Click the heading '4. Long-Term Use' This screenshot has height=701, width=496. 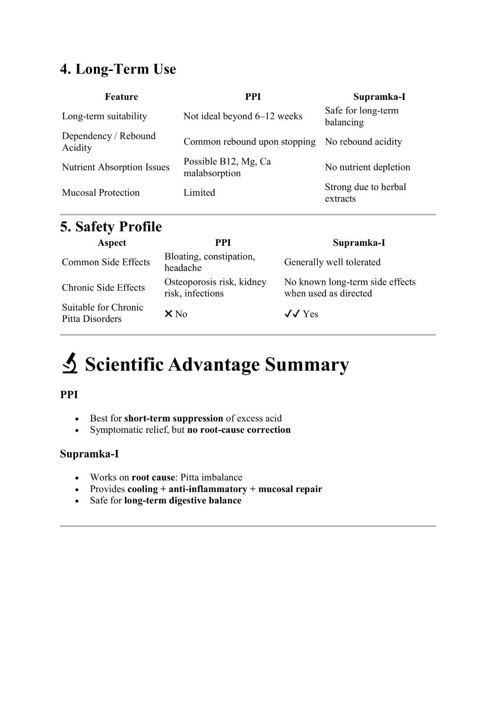pos(118,69)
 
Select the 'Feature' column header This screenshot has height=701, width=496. pos(121,97)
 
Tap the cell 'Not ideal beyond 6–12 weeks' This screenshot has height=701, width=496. pos(243,116)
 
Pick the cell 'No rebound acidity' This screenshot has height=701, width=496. pos(363,142)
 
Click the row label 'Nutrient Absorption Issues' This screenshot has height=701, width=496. pos(115,167)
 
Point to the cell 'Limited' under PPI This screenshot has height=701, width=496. pos(199,192)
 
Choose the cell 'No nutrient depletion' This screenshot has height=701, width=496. pos(367,167)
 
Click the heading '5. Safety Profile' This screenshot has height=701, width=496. pos(111,227)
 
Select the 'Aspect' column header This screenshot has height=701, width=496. pos(111,243)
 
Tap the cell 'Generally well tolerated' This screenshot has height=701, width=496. pos(332,262)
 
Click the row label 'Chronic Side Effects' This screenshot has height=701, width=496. pos(103,287)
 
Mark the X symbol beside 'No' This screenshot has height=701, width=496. pos(168,314)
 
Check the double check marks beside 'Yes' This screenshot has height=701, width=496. pos(292,314)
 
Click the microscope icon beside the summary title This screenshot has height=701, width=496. pos(70,364)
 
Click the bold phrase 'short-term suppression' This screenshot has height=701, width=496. pos(174,418)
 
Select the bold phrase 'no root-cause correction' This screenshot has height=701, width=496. pos(239,429)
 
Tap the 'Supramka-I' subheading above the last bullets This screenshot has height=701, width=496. pos(89,453)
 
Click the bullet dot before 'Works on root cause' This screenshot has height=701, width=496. pos(78,478)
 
